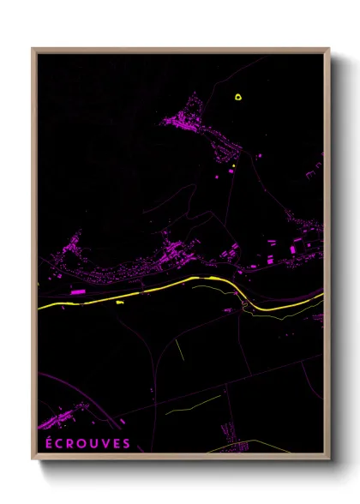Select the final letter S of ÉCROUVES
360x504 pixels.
(127, 443)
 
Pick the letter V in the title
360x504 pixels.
(105, 443)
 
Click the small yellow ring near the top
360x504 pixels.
(238, 96)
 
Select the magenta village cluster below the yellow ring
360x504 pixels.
(193, 123)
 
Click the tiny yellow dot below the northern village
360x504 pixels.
(233, 165)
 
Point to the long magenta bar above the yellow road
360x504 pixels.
(77, 292)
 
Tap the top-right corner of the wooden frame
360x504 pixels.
(328, 49)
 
